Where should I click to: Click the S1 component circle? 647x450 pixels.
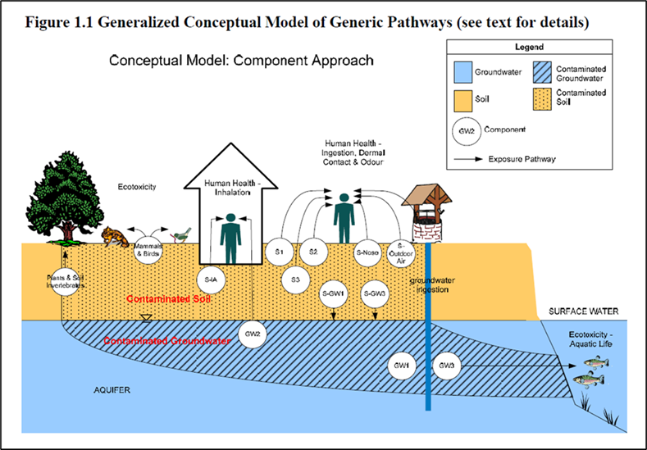tap(279, 252)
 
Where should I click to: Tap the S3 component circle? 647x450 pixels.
tap(295, 280)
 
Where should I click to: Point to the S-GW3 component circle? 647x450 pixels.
tap(373, 293)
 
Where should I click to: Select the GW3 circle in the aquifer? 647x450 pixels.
tap(446, 365)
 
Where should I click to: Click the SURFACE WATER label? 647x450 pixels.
tap(584, 311)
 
